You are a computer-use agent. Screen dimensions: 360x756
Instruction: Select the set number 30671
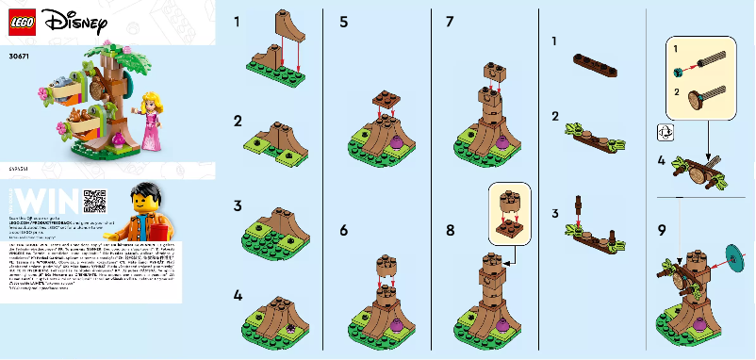coord(18,57)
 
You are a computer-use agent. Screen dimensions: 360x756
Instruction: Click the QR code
coord(95,201)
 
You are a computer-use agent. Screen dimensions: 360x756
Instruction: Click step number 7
coord(451,21)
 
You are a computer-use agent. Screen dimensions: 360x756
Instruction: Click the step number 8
coord(451,229)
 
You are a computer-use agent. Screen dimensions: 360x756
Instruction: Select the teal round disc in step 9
coord(732,257)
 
